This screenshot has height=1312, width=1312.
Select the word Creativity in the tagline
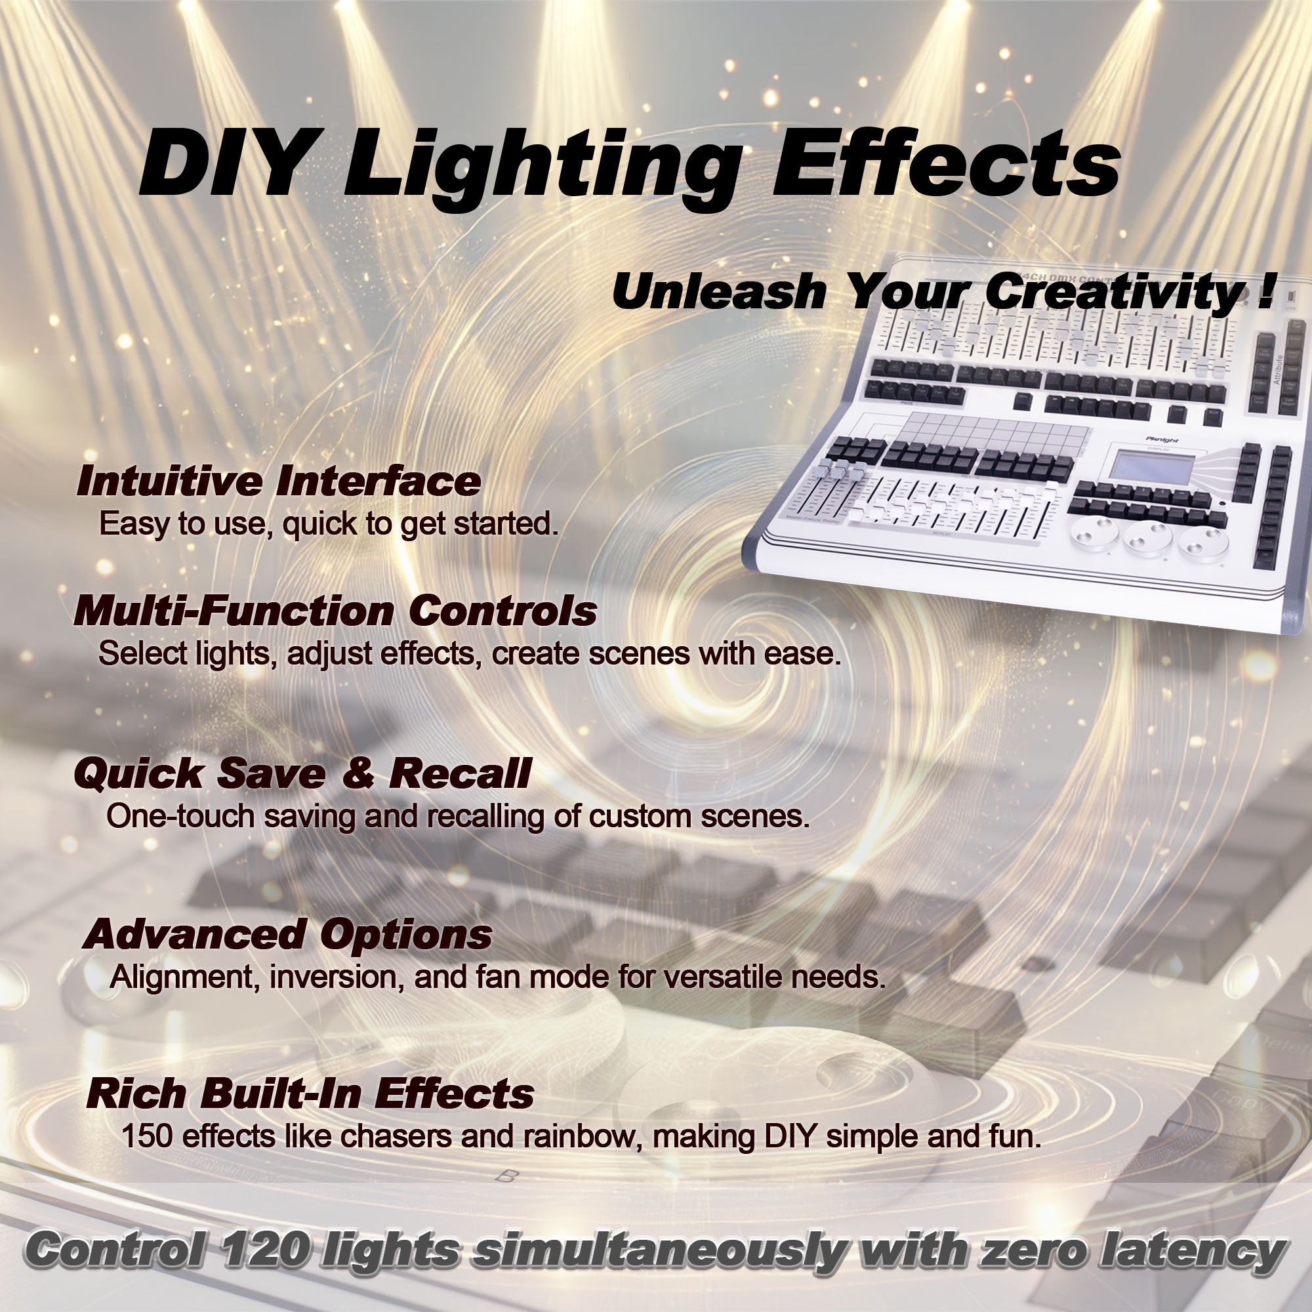[1107, 293]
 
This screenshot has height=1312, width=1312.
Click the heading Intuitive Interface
[278, 481]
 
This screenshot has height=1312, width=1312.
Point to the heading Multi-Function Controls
[335, 611]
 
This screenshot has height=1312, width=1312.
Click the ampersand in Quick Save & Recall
[358, 773]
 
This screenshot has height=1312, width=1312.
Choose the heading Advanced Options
[287, 934]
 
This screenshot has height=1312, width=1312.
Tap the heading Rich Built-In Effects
[310, 1094]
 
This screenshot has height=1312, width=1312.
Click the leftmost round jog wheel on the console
[1094, 534]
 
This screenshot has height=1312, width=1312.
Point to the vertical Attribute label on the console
[1278, 369]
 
